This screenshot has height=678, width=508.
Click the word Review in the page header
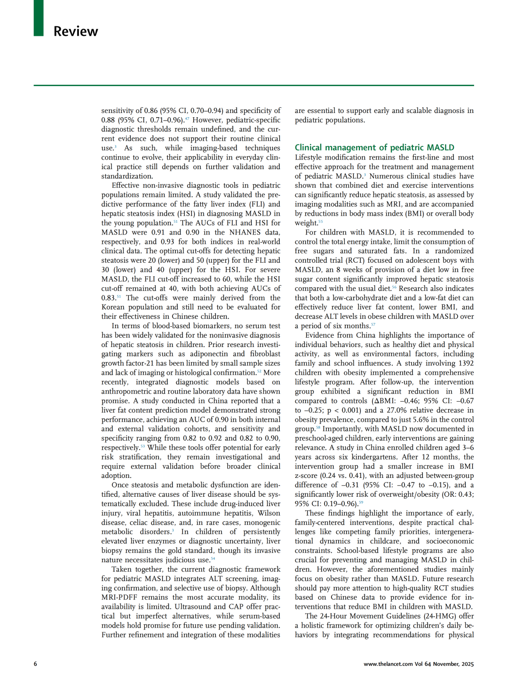(x=76, y=32)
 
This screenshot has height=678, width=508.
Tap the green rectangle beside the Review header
(x=39, y=18)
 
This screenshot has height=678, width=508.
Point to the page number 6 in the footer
(x=35, y=664)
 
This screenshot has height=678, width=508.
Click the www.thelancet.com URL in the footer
(x=388, y=664)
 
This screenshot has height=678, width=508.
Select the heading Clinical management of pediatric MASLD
(x=374, y=147)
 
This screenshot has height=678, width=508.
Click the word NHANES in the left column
(x=245, y=232)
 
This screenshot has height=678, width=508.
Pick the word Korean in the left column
(x=115, y=307)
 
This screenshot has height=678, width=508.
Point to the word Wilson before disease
(x=269, y=513)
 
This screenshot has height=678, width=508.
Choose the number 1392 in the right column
(x=464, y=363)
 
